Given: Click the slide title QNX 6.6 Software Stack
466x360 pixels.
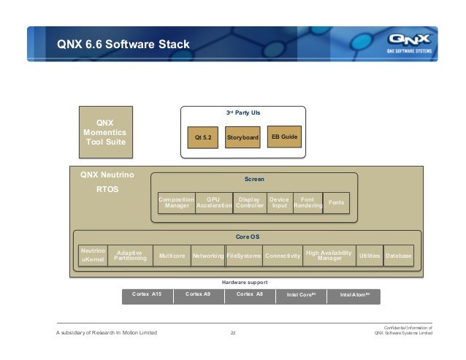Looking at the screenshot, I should (x=123, y=45).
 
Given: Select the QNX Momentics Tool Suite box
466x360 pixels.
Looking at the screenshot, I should (x=105, y=132).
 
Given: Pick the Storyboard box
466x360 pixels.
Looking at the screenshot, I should (x=242, y=137).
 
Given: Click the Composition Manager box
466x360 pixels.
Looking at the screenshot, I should (x=177, y=202).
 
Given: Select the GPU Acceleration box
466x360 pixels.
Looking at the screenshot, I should (x=214, y=202).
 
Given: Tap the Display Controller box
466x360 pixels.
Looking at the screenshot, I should (x=250, y=202).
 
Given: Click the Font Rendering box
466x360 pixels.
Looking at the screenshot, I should (x=308, y=202).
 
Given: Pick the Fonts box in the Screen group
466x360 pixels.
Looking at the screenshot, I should (x=336, y=202).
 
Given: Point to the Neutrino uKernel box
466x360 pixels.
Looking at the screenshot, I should (x=93, y=254).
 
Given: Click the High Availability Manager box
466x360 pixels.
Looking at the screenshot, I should (x=329, y=255).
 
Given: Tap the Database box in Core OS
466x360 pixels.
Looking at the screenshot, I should (x=399, y=256).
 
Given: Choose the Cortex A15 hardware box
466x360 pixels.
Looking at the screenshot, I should (x=147, y=295).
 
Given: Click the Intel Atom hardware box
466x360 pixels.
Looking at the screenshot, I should (x=355, y=296).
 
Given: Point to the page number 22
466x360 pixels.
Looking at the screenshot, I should (x=233, y=334).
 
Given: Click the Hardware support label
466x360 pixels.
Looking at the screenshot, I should (x=244, y=282).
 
